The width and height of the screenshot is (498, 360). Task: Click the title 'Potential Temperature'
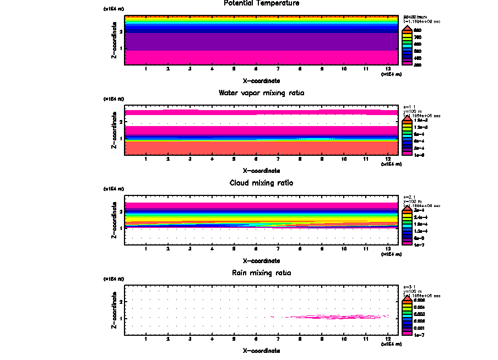pos(262,3)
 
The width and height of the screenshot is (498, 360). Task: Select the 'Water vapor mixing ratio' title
pos(262,92)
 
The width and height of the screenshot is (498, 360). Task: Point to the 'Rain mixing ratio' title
pos(262,272)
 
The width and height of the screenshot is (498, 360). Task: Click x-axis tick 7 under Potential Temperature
pos(278,69)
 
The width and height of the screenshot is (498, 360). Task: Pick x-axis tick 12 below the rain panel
pos(388,339)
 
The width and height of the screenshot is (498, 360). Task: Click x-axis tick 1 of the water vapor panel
pos(146,159)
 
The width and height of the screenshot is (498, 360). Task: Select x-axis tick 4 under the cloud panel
pos(212,249)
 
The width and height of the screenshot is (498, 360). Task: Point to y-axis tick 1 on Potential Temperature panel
pos(121,49)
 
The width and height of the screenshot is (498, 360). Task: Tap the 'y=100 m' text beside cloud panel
pos(412,201)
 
